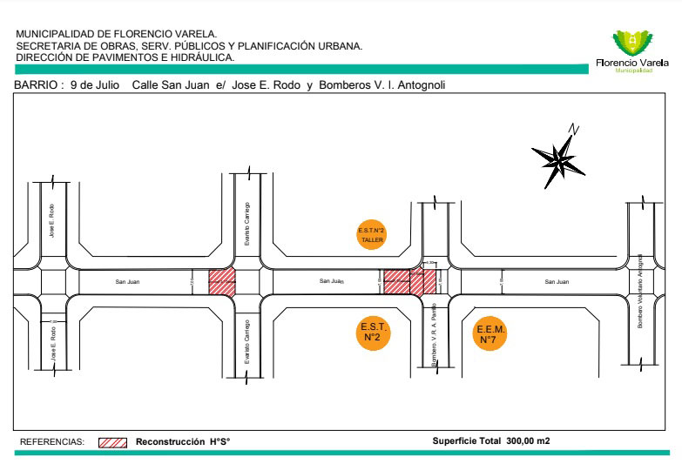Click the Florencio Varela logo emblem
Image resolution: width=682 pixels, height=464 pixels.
coord(632,43)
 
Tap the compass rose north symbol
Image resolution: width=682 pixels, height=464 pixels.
coord(557,158)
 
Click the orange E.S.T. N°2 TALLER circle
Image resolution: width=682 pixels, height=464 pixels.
coord(372,234)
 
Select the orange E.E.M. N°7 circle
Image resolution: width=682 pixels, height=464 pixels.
coord(490,334)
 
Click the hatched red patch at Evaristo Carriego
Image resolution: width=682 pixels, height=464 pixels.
coord(221,281)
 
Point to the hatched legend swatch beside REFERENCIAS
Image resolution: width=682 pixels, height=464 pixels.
coord(113,441)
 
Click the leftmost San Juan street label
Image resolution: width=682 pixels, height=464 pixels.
coord(127,281)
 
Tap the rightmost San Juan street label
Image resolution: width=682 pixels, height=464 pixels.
coord(557,281)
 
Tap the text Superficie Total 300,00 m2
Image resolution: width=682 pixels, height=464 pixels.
coord(490,440)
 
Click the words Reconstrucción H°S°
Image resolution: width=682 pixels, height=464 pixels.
coord(182,441)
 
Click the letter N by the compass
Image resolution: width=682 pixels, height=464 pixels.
coord(573,129)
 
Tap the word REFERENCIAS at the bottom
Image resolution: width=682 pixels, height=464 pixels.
coord(52,441)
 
